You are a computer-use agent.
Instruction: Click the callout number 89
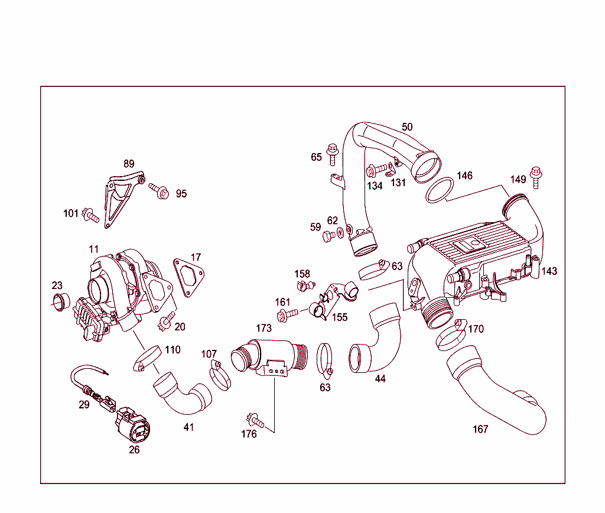pos(129,164)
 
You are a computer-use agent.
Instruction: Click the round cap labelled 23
pos(60,301)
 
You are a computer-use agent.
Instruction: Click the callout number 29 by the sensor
pos(84,405)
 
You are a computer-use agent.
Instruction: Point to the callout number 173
pos(264,328)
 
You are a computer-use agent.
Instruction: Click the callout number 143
pos(549,271)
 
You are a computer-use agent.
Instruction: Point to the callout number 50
pos(407,126)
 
